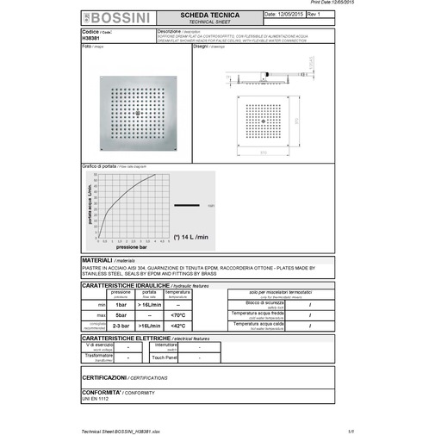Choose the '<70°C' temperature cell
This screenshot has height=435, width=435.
coord(178,315)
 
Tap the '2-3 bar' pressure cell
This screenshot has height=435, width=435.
coord(121,326)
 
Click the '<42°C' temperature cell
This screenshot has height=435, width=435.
coord(178,326)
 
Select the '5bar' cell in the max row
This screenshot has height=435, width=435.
coord(121,315)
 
